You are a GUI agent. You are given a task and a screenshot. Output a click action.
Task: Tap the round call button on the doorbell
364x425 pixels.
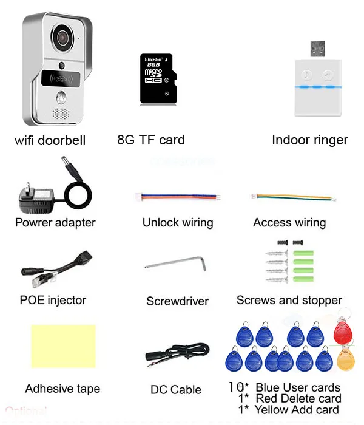(x=61, y=97)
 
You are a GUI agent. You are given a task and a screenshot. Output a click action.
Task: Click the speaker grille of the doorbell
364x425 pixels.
(x=61, y=114)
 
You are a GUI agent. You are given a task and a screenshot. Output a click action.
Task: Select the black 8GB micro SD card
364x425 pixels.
(x=158, y=78)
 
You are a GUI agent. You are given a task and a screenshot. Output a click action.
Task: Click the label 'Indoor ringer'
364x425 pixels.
(x=309, y=140)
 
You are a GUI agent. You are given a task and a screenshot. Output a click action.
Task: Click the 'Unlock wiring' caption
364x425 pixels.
(x=178, y=222)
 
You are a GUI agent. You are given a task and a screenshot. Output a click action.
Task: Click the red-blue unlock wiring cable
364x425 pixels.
(x=177, y=197)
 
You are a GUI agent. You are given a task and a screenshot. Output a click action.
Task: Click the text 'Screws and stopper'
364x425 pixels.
(x=289, y=300)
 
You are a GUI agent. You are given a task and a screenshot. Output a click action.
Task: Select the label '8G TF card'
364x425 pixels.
(x=151, y=140)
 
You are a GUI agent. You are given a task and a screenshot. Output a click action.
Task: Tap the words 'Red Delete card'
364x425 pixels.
(x=298, y=398)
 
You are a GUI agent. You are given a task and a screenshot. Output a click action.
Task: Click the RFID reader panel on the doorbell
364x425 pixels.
(x=61, y=78)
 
